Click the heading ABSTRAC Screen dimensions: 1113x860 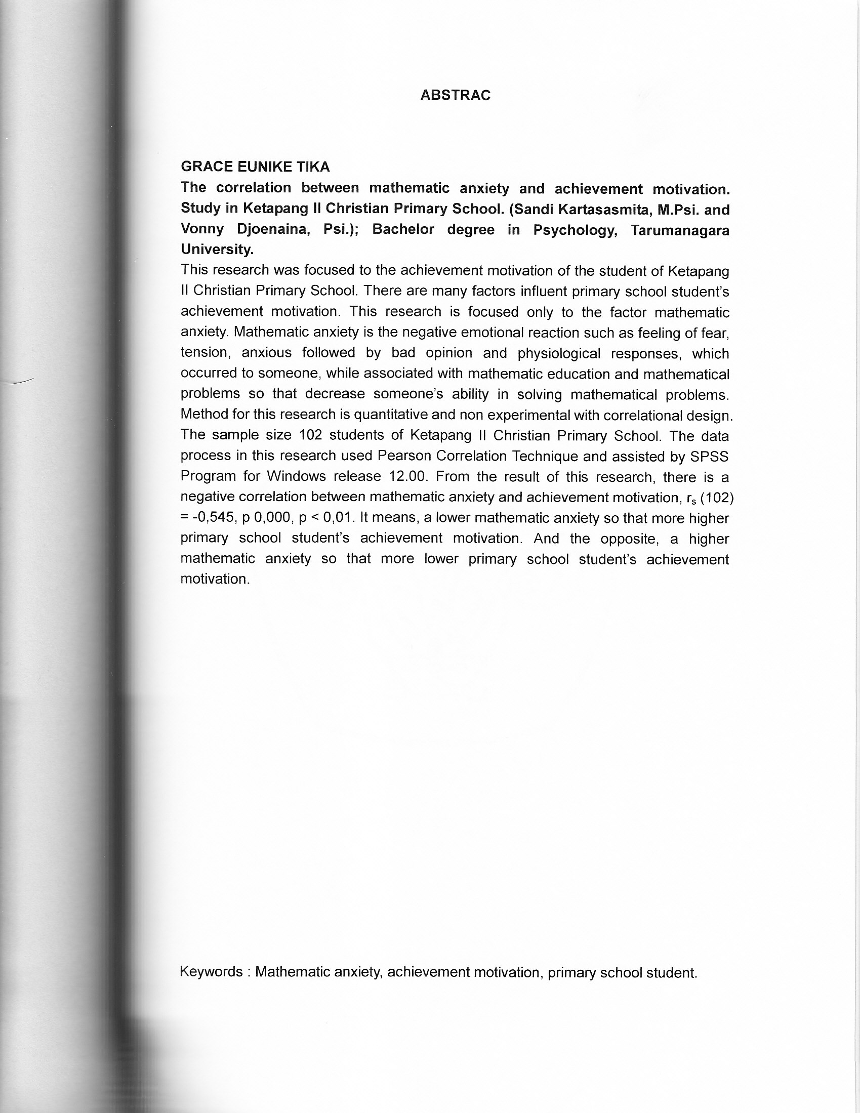tap(455, 95)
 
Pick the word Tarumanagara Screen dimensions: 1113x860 tap(680, 230)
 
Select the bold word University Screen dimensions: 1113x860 tap(217, 250)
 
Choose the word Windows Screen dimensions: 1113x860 tap(296, 476)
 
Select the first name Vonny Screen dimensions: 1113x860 tap(202, 229)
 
